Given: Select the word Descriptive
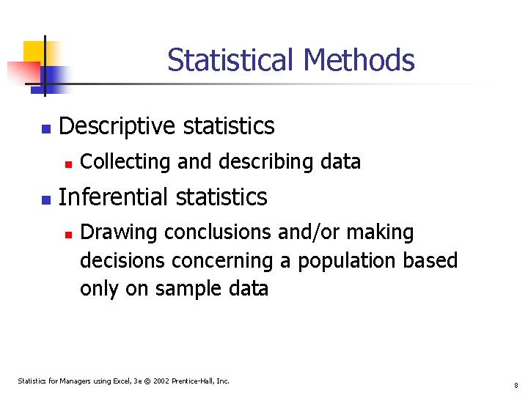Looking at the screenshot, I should pos(117,126).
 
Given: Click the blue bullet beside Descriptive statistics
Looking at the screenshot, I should pos(45,129).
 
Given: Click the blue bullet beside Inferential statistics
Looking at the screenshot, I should pos(45,199).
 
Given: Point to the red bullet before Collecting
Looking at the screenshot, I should pos(67,164).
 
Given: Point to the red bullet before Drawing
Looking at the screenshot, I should pos(67,235).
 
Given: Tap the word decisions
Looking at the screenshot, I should pos(122,260).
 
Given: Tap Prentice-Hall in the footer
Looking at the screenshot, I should pos(195,381).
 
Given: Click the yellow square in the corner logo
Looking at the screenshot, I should pos(33,52).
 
